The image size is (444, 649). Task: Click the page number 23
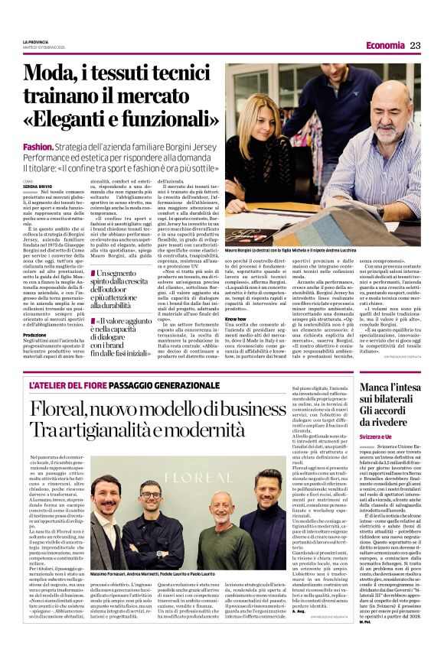tap(416, 45)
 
